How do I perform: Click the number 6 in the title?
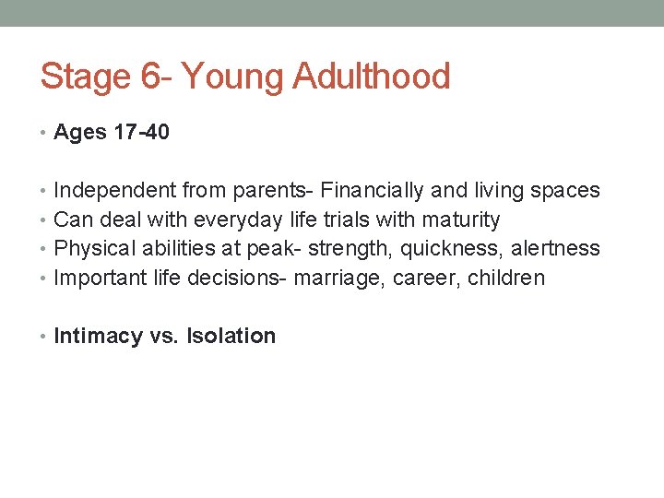click(x=152, y=77)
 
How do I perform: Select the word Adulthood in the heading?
click(x=372, y=77)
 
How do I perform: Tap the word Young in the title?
click(x=233, y=77)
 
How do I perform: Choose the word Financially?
click(x=373, y=191)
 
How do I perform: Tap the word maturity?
click(x=461, y=220)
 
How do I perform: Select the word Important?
click(x=95, y=278)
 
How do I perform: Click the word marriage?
click(x=335, y=279)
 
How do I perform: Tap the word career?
click(x=420, y=279)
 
